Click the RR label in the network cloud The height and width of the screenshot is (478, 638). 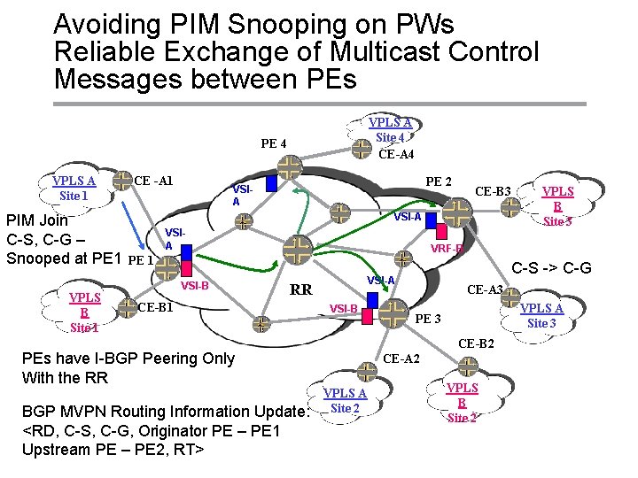click(301, 289)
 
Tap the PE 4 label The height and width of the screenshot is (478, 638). click(273, 143)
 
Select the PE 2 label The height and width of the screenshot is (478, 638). click(439, 182)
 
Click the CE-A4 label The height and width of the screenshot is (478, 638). click(396, 155)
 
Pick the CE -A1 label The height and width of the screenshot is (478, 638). click(152, 181)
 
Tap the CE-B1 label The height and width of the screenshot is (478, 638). click(156, 307)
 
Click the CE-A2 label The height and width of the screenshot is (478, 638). click(401, 358)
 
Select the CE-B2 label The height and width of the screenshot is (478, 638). click(476, 343)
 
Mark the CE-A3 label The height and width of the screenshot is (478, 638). click(485, 289)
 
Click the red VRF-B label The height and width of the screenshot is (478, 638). click(447, 249)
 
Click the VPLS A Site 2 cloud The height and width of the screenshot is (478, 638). click(345, 400)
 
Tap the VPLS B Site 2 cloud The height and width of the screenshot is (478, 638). click(462, 402)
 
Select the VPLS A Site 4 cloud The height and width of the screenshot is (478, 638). click(390, 130)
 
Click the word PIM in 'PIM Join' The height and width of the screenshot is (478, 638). click(22, 219)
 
